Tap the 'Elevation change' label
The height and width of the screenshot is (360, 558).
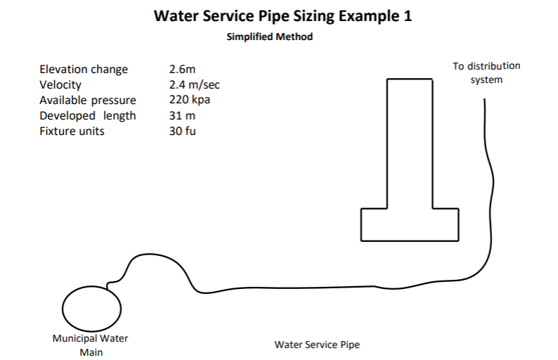tap(84, 70)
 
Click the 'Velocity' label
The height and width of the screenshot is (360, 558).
tap(60, 85)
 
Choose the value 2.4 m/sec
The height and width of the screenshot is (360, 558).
tap(195, 85)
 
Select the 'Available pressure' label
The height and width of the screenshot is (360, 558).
tap(88, 101)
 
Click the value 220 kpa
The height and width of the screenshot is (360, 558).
tap(189, 101)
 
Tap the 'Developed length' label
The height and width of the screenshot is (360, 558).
tap(88, 116)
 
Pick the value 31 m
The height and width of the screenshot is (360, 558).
tap(182, 116)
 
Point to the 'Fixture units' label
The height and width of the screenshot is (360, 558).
tap(72, 131)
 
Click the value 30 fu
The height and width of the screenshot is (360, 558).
tap(182, 131)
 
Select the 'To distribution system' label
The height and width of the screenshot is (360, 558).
tap(486, 72)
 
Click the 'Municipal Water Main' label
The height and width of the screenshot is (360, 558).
tap(90, 345)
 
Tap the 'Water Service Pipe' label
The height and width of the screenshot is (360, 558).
tap(316, 345)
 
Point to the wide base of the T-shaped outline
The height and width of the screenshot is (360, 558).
tap(410, 225)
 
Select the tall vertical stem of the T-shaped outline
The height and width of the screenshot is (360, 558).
tap(410, 141)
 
